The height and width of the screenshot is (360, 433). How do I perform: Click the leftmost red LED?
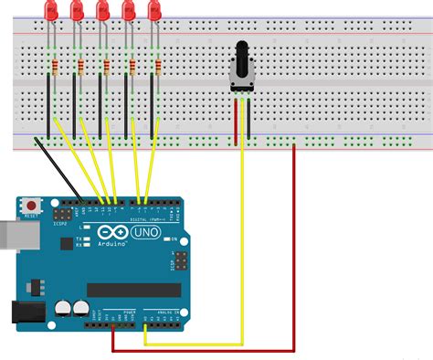coord(49,11)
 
